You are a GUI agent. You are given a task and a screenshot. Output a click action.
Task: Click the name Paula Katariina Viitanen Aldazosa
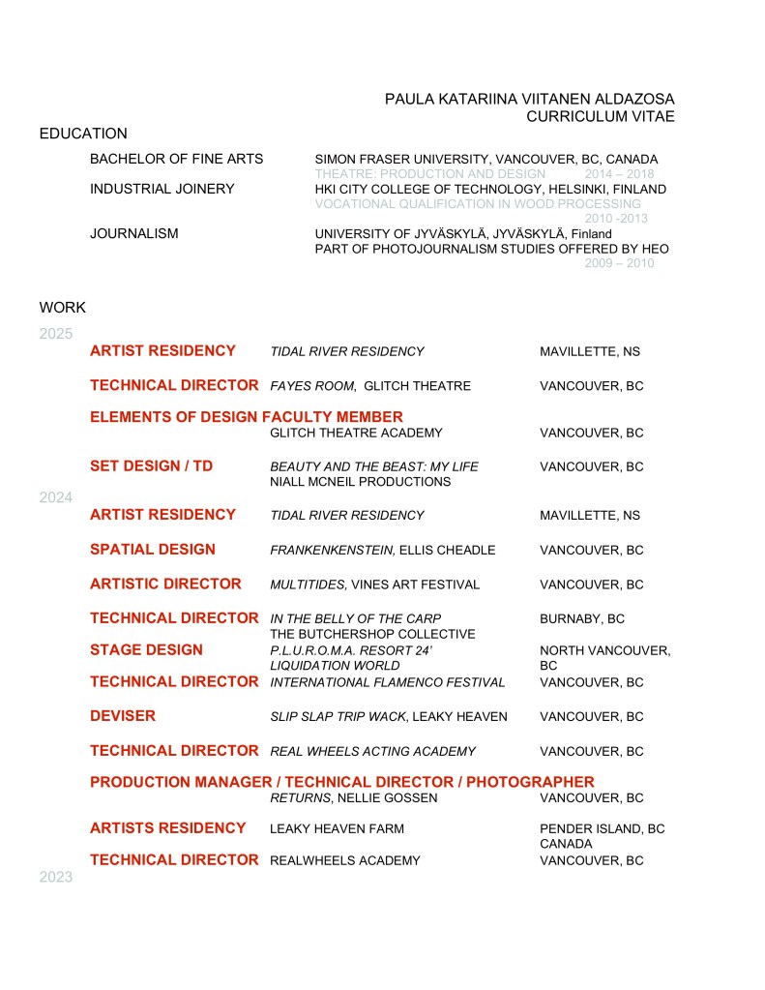[529, 99]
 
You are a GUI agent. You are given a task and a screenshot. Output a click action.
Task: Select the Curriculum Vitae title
[600, 116]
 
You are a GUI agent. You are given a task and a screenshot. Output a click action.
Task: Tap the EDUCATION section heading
[83, 134]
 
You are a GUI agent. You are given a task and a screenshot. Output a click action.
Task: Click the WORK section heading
[63, 308]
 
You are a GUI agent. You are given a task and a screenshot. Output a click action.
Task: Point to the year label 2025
[56, 334]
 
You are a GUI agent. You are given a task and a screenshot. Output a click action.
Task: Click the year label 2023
[56, 878]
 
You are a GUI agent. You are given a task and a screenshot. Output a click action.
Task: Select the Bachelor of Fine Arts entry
[176, 159]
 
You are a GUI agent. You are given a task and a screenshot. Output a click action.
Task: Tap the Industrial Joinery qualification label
[162, 189]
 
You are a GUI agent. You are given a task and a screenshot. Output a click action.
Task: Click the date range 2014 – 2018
[619, 173]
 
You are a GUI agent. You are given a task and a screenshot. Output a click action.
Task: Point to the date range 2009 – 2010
[619, 263]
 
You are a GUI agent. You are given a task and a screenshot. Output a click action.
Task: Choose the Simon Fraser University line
[486, 159]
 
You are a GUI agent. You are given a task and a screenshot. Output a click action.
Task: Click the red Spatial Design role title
[153, 549]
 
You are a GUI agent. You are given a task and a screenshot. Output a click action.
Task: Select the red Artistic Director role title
[165, 584]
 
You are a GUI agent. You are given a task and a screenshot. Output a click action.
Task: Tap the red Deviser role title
[123, 716]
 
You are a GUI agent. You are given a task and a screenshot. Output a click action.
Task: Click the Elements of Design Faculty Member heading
[246, 417]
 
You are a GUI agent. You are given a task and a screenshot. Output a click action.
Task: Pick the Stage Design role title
[146, 649]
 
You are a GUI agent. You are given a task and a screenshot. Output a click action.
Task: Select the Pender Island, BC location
[602, 828]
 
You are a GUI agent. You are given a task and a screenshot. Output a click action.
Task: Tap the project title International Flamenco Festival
[387, 682]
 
